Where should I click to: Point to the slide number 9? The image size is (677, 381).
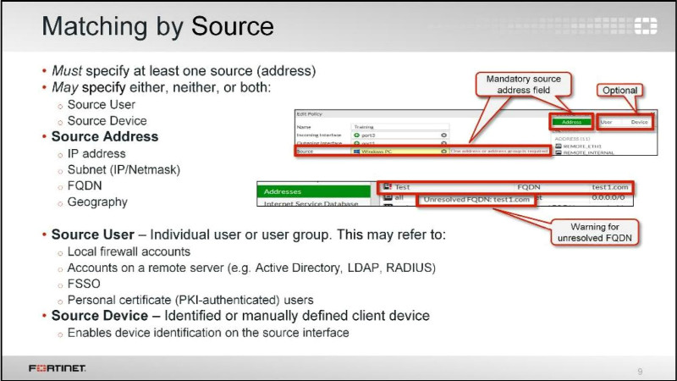tap(640, 370)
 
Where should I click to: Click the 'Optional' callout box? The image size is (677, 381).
tap(619, 90)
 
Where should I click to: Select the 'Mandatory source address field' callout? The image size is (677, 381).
tap(524, 85)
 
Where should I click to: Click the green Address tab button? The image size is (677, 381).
tap(572, 122)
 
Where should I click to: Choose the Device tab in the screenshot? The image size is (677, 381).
tap(639, 122)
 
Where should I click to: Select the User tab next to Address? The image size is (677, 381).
tap(607, 122)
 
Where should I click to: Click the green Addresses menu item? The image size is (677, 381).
tap(314, 191)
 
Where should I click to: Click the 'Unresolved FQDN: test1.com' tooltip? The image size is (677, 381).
tap(477, 200)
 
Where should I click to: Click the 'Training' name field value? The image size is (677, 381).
tap(364, 126)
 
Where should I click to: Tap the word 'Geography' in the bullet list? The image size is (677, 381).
tap(97, 202)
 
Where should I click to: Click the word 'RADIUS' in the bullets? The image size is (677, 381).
tap(409, 268)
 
